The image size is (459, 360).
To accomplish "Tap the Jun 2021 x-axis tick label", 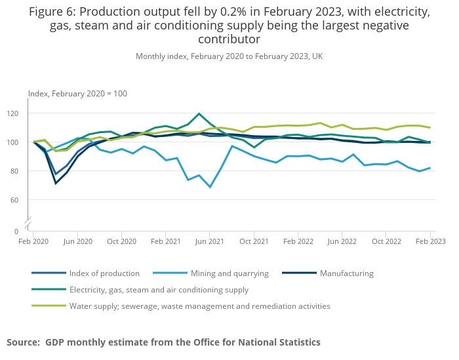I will click(209, 241).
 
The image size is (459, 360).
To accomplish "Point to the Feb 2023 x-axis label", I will click(429, 241).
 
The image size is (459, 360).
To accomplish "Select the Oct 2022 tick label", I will click(386, 241).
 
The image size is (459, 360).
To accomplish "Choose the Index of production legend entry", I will click(104, 273).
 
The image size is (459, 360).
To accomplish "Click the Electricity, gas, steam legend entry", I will click(159, 290).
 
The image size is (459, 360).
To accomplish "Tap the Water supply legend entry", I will click(199, 306).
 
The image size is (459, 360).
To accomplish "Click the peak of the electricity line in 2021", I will click(199, 114).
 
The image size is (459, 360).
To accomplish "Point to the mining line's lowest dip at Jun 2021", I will click(210, 187).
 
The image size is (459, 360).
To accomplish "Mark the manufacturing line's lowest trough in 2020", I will click(55, 183).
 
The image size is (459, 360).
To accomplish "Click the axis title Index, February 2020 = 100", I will click(77, 94).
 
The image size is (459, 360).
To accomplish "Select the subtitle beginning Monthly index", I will click(229, 56).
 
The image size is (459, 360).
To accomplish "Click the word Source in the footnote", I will click(22, 342).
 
